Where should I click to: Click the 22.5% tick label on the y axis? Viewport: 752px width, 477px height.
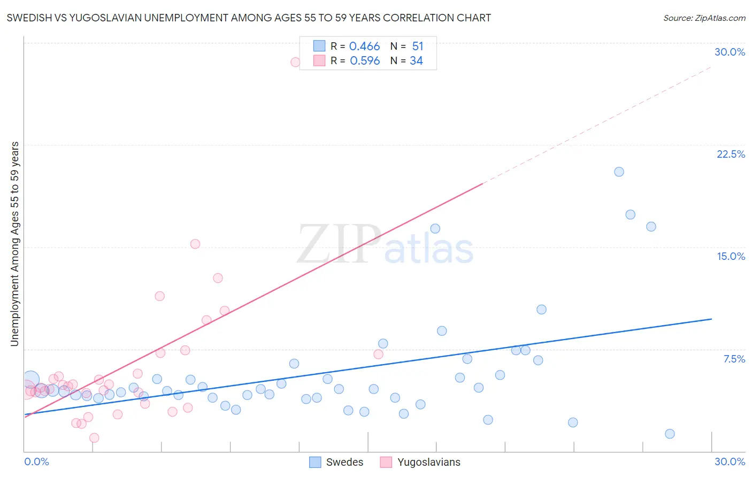coord(731,154)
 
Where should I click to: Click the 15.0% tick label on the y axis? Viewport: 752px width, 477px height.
coord(731,256)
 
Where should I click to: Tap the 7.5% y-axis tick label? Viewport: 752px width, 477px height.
coord(734,359)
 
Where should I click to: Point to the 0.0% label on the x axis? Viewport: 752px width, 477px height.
coord(36,461)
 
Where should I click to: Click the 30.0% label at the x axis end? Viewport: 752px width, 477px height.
coord(730,461)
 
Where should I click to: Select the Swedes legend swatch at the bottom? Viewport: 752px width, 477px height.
coord(316,462)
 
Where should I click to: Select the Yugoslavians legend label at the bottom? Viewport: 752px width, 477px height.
coord(428,462)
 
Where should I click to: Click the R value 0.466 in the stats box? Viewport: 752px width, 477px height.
coord(364,47)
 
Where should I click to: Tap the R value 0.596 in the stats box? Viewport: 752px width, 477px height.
coord(365,61)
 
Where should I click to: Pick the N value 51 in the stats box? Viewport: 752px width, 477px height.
coord(418,47)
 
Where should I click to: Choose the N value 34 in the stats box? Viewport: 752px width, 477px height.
coord(416,61)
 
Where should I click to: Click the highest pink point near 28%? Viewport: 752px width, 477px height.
coord(295,62)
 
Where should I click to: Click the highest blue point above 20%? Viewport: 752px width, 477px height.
coord(619,172)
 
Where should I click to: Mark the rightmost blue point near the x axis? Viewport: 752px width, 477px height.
coord(670,434)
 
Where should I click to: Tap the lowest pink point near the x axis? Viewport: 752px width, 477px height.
coord(94,437)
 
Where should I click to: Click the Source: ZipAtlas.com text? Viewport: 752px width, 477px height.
coord(704,18)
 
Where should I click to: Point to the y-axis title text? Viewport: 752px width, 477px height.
coord(14,244)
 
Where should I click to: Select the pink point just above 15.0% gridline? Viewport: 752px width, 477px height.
coord(195,244)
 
